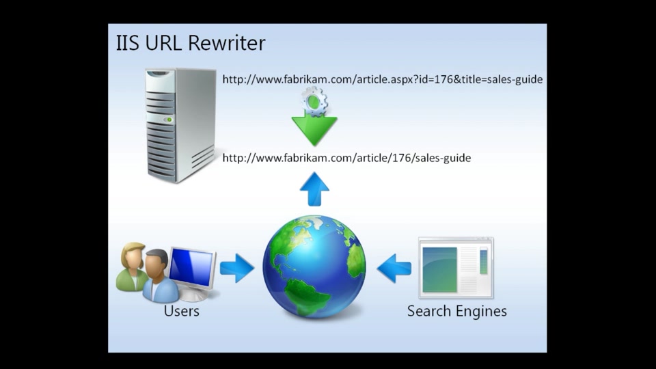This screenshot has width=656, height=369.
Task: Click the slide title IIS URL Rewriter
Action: coord(191,42)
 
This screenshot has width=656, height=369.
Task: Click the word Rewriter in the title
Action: coord(227,42)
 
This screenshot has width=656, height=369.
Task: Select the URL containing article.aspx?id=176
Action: coord(383,79)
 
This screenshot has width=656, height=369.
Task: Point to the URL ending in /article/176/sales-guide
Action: coord(346,158)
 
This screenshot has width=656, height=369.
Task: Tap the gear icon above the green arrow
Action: coord(314,101)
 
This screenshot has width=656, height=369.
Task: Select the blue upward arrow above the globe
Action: coord(314,189)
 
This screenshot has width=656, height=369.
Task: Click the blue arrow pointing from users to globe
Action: coord(237,268)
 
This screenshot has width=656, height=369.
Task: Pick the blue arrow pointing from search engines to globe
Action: coord(394,268)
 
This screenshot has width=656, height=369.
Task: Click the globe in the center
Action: coord(314,266)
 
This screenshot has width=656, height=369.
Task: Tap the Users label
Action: coord(182,311)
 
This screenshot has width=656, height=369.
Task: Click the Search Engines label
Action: coord(457,311)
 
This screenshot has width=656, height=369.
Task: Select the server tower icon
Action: coord(180,126)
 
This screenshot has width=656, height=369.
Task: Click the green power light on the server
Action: coord(169,120)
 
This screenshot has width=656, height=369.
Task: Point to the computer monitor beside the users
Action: coord(192,272)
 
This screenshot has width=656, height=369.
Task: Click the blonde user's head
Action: coord(133,255)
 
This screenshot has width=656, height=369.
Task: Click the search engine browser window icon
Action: coord(456,268)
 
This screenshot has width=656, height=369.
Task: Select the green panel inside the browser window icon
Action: coord(439,269)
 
